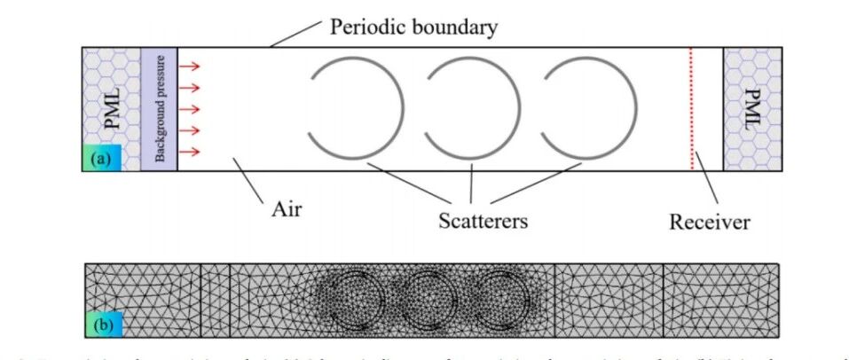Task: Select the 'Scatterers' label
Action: click(483, 219)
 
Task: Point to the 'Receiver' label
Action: click(709, 220)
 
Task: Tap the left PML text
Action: click(111, 108)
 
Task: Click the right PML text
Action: click(753, 108)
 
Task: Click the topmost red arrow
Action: click(189, 66)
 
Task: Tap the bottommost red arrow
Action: click(189, 152)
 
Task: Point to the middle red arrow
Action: click(189, 109)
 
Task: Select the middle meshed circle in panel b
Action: click(425, 300)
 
